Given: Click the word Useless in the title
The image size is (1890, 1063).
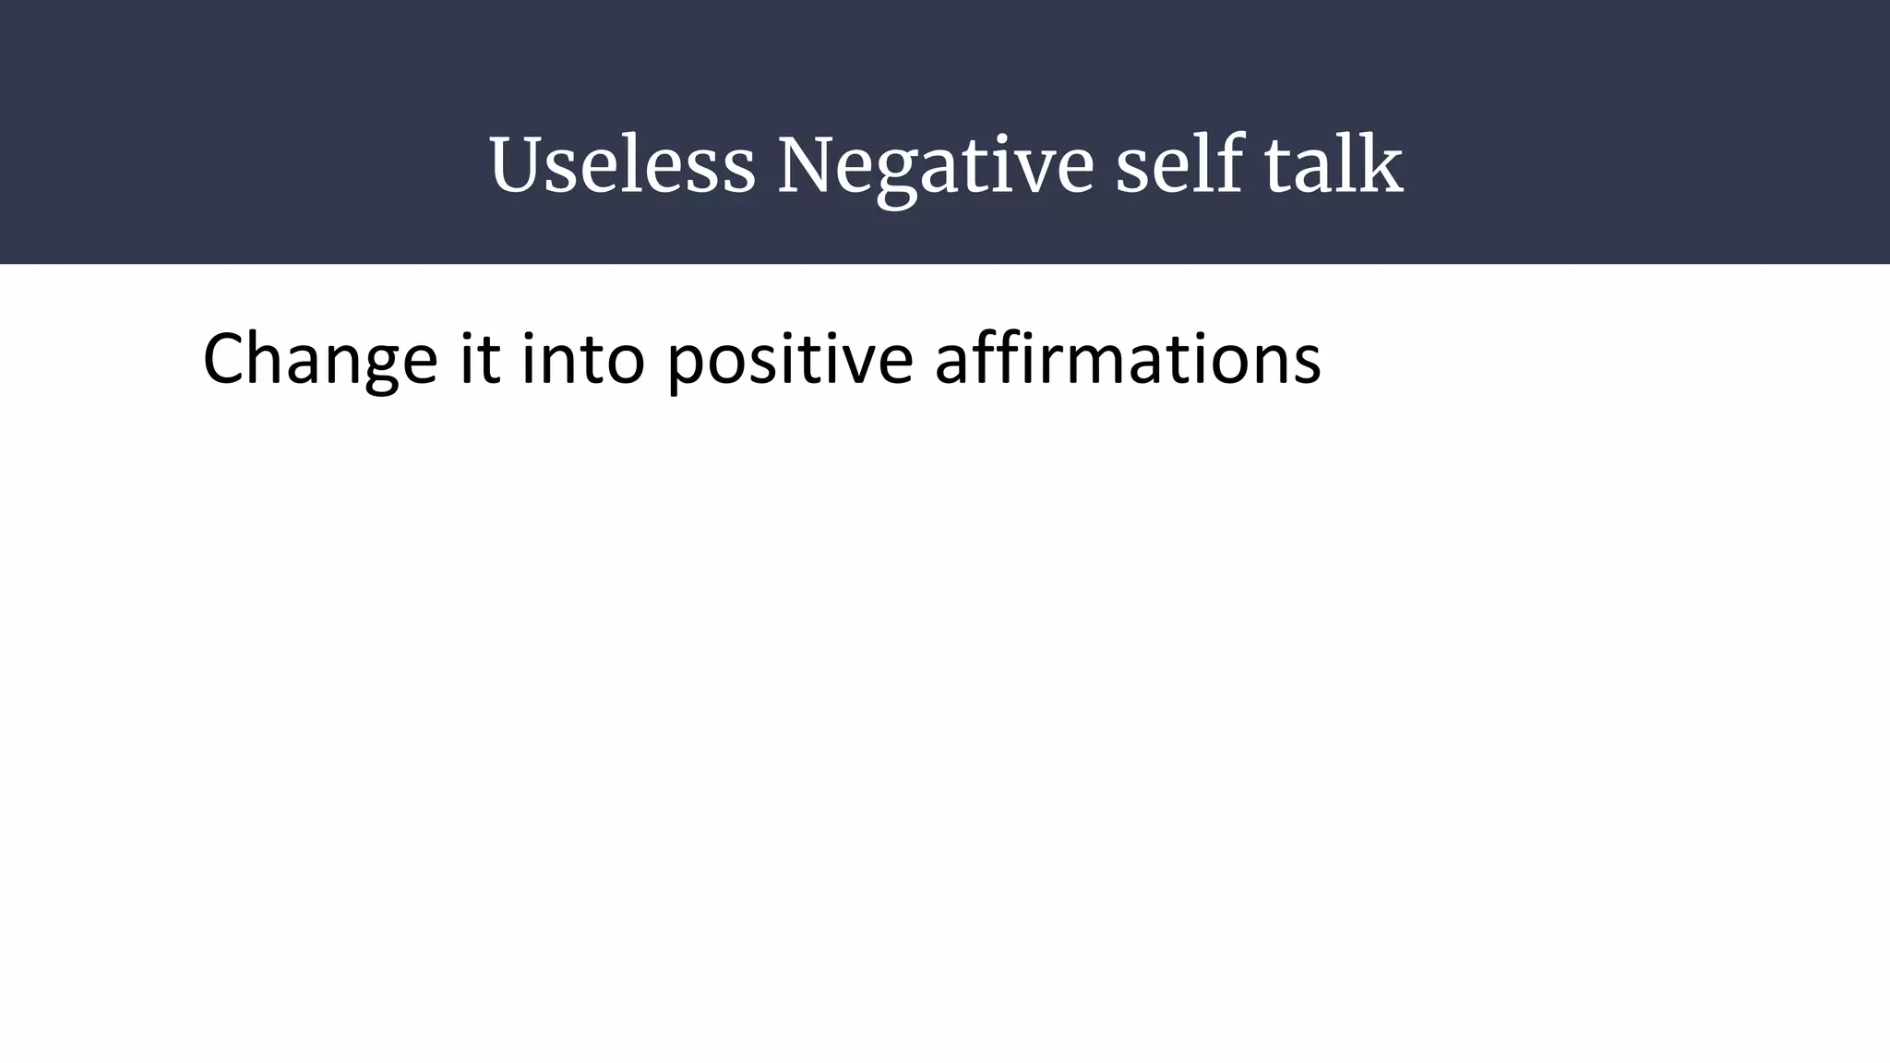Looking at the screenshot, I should [x=622, y=166].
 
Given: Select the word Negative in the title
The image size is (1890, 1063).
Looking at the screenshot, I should [x=935, y=166].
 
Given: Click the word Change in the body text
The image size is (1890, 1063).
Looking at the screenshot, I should [x=319, y=360].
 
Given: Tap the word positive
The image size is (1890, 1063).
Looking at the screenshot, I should [x=789, y=360].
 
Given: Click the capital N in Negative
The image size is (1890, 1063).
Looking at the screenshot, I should [x=810, y=166].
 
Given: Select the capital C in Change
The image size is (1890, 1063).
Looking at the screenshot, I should [x=225, y=359].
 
